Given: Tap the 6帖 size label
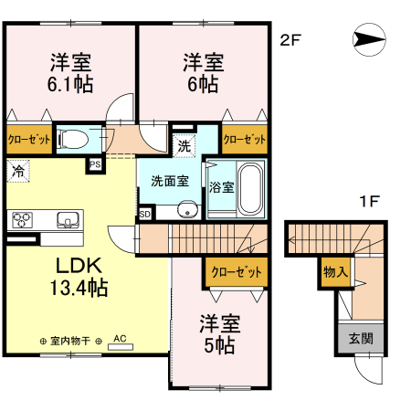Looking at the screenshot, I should pyautogui.click(x=203, y=85).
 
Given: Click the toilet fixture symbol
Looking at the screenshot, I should pyautogui.click(x=73, y=140).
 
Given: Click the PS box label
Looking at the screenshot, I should pyautogui.click(x=95, y=164).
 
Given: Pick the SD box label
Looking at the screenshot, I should pyautogui.click(x=144, y=214).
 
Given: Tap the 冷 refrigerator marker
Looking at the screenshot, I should pyautogui.click(x=18, y=170).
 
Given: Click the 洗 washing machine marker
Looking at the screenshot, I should pyautogui.click(x=184, y=144).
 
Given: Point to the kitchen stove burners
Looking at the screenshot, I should pyautogui.click(x=21, y=220).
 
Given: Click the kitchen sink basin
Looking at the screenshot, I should pyautogui.click(x=67, y=219).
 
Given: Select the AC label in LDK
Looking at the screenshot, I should pyautogui.click(x=118, y=337).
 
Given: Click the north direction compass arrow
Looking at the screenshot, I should pyautogui.click(x=368, y=39).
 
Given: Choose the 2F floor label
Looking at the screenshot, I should pyautogui.click(x=290, y=39).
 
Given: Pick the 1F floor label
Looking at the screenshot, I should pyautogui.click(x=368, y=199).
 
